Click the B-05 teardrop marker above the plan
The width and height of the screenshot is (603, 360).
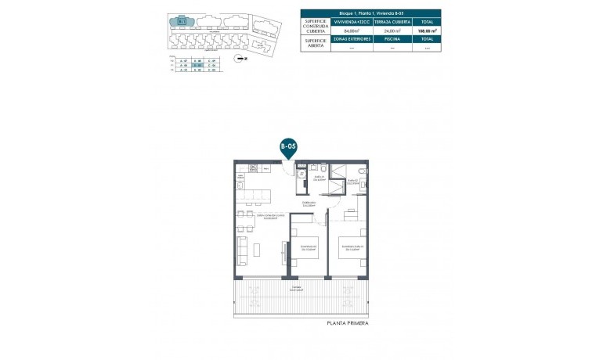(287, 146)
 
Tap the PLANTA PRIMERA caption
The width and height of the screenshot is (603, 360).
(347, 322)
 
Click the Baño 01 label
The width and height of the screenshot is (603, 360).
(309, 178)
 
